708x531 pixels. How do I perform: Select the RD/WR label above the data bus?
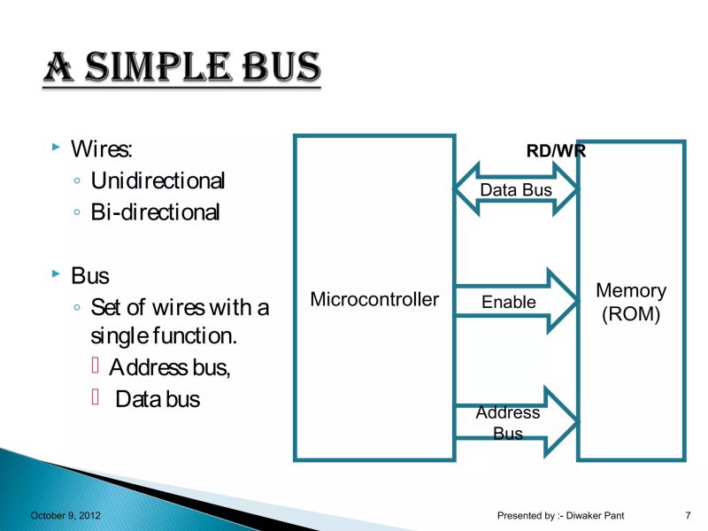[556, 151]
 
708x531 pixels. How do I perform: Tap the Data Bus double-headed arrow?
[516, 189]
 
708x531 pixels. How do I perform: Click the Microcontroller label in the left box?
[374, 299]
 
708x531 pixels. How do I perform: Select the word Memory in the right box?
[631, 290]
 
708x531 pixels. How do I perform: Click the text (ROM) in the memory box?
[631, 314]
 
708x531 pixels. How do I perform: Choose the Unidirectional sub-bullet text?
[158, 181]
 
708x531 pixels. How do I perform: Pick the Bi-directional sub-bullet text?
[155, 213]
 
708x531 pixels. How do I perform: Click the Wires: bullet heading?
[101, 148]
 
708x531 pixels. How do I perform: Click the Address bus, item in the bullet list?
[170, 367]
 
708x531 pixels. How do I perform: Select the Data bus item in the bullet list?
[158, 399]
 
